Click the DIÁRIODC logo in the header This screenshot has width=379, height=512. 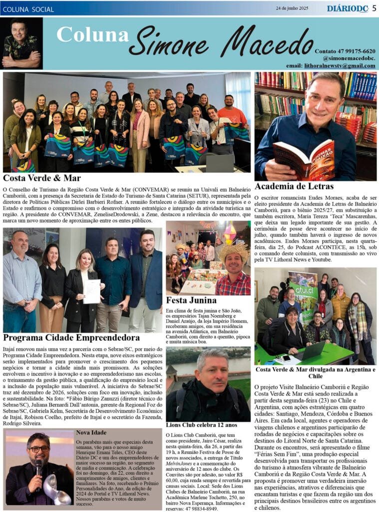click(348, 8)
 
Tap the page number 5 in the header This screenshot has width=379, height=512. click(374, 8)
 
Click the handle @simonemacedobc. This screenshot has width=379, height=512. click(349, 58)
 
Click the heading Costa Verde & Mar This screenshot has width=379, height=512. click(41, 177)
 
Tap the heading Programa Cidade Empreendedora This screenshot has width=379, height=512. click(71, 337)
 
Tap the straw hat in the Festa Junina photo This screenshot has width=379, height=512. click(234, 248)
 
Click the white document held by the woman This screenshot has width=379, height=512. click(91, 291)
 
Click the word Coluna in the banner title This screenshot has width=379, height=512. click(92, 34)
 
